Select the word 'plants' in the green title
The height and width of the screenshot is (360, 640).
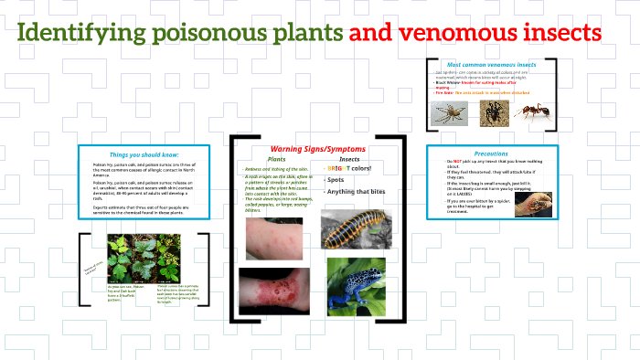point(307,34)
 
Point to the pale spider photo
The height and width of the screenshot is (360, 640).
point(450,111)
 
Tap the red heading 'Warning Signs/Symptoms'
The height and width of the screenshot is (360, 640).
point(318,148)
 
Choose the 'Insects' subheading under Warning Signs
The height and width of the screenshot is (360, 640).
point(348,159)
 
